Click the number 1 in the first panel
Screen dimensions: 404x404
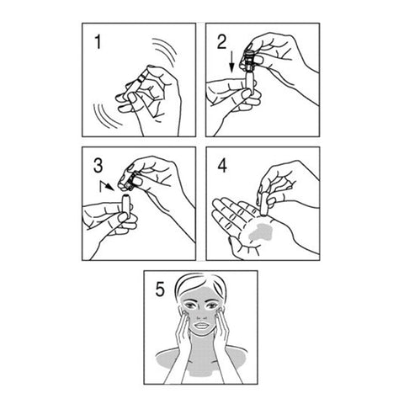point(98,42)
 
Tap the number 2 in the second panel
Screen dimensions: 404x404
point(222,42)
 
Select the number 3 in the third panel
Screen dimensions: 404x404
point(98,166)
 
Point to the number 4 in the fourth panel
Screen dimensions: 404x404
point(222,166)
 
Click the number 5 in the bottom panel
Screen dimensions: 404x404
point(160,290)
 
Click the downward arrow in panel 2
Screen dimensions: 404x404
point(231,62)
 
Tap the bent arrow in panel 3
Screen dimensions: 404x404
point(107,186)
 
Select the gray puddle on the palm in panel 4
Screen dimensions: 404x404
point(261,232)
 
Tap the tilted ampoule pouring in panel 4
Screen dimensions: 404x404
point(263,204)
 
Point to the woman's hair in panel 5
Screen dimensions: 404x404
point(200,284)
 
